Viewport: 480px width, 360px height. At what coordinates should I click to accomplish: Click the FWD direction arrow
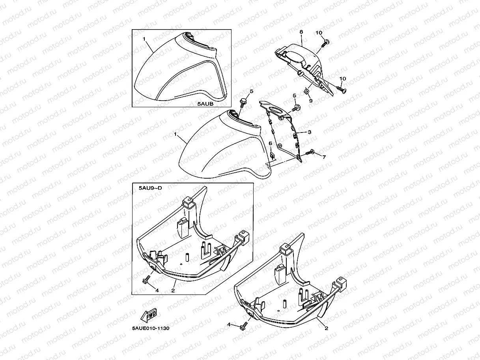click(149, 315)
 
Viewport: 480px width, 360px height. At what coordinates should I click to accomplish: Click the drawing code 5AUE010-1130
click(151, 328)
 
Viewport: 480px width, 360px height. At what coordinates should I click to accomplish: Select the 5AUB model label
click(205, 104)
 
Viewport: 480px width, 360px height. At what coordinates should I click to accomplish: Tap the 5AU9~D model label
click(150, 188)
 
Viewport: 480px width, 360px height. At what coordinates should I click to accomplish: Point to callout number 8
click(301, 32)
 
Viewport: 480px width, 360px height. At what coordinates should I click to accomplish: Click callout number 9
click(311, 101)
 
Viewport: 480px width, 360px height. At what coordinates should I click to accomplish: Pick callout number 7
click(324, 157)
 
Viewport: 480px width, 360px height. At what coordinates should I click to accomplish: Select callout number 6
click(270, 143)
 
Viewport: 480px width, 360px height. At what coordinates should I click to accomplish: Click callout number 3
click(310, 132)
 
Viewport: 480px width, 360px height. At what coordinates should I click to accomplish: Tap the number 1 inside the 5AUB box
click(144, 39)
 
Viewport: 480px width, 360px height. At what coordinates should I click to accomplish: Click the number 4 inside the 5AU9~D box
click(157, 291)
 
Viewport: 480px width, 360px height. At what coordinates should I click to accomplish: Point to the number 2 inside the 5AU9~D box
click(173, 291)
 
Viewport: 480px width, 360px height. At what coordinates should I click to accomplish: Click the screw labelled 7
click(310, 152)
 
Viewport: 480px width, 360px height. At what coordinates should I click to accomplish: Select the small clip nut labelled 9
click(306, 91)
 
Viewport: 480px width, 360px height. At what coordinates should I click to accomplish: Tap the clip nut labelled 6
click(272, 155)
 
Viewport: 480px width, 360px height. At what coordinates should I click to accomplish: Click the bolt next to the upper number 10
click(325, 43)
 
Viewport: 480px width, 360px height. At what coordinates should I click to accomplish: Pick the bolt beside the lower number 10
click(341, 90)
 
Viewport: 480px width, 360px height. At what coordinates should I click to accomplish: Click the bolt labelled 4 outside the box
click(244, 326)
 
